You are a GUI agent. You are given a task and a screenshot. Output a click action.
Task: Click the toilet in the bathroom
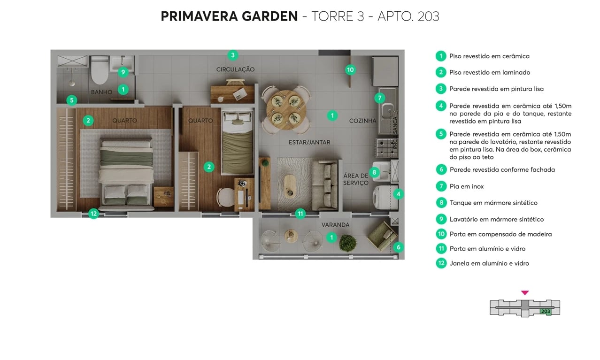point(100,70)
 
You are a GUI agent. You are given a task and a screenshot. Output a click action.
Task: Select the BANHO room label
point(101,92)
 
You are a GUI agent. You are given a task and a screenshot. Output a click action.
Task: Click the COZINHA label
point(363,121)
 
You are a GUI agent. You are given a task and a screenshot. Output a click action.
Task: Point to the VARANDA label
point(335,225)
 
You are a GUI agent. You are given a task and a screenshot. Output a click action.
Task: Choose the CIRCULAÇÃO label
point(235,69)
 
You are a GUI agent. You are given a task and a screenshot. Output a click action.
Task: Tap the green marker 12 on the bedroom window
point(93,214)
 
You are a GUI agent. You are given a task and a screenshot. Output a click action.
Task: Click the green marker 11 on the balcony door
point(300,214)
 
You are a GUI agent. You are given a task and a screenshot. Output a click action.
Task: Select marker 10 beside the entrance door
point(350,70)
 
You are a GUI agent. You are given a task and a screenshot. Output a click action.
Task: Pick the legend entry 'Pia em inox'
point(466,186)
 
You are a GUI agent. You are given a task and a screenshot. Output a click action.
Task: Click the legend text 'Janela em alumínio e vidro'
point(489,263)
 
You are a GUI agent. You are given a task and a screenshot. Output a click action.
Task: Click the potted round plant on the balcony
point(347,243)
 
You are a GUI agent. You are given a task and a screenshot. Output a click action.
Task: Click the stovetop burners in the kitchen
point(384,147)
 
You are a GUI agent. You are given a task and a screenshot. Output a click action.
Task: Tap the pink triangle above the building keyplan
point(525,293)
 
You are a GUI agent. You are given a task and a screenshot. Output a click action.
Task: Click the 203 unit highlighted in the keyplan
point(545,311)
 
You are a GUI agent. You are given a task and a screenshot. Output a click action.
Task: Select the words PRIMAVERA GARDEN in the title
point(229,16)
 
